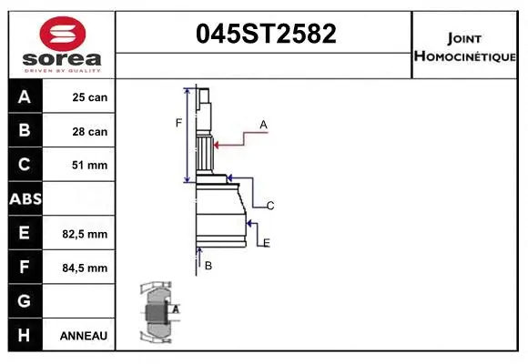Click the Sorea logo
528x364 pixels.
point(62,44)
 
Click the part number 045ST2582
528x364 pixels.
point(266,34)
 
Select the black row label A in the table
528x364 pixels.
point(25,97)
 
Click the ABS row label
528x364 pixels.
point(25,198)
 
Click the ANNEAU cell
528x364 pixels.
point(84,336)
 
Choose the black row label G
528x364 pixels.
point(25,301)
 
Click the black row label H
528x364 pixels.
point(25,335)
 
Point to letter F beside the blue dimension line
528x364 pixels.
point(179,123)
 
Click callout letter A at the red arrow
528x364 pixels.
point(263,124)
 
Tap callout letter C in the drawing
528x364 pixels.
point(270,207)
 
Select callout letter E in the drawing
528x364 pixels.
point(266,242)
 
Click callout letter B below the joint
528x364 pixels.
point(208,266)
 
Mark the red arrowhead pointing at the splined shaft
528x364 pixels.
point(217,143)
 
